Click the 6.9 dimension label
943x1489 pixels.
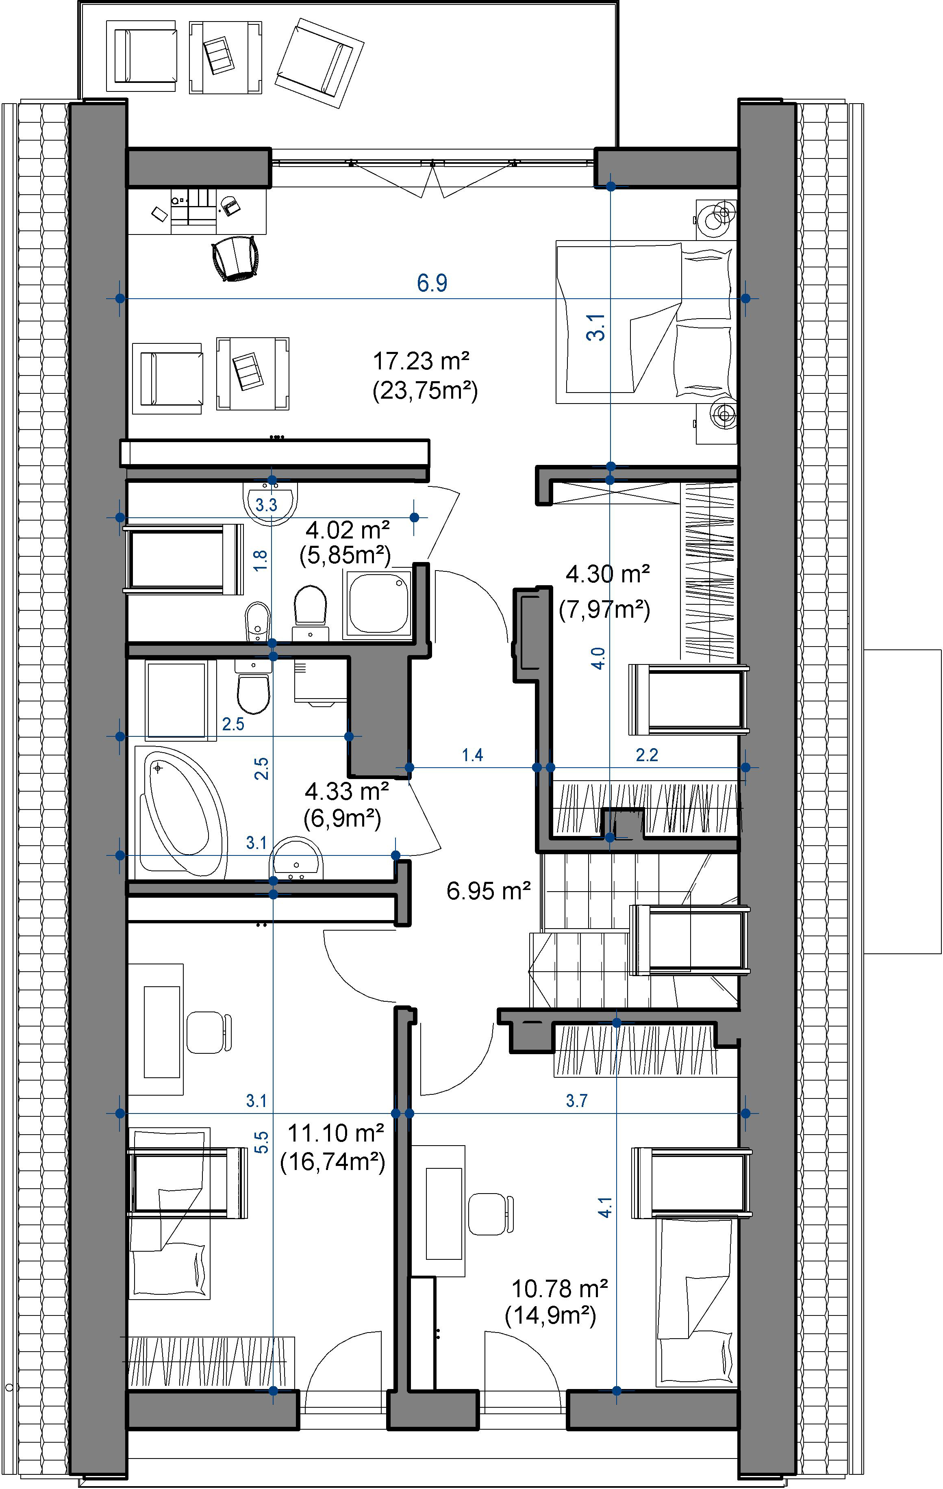pos(432,283)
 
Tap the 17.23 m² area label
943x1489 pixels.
pos(421,360)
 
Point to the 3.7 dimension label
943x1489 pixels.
pos(576,1100)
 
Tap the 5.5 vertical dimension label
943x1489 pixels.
pos(262,1142)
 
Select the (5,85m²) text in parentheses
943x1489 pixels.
pos(345,555)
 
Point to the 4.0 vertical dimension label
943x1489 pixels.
pos(598,658)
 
